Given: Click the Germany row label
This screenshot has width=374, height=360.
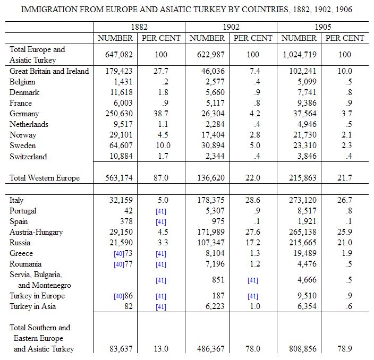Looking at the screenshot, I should coord(24,114).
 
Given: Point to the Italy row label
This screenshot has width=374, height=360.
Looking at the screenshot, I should coord(16,200).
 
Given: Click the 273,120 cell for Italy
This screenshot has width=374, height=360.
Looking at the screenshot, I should coord(302,200).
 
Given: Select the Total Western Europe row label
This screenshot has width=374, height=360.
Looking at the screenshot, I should coord(45,178).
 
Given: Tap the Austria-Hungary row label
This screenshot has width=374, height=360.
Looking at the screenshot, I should coord(36,232).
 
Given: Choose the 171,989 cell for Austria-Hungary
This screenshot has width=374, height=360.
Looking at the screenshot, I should coord(210,232).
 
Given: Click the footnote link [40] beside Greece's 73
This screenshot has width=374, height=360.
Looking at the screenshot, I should coord(118,254).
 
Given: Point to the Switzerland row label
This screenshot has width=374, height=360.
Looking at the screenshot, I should coord(28,157).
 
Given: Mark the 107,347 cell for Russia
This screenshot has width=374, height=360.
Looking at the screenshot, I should coord(210,243).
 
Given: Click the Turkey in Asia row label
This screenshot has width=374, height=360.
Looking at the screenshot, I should coord(33,306).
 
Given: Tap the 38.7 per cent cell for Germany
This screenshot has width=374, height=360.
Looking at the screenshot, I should coord(161,114).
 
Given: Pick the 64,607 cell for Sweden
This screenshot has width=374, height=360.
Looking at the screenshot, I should coord(121,145).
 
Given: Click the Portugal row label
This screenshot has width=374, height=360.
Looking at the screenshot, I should coord(23,211).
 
